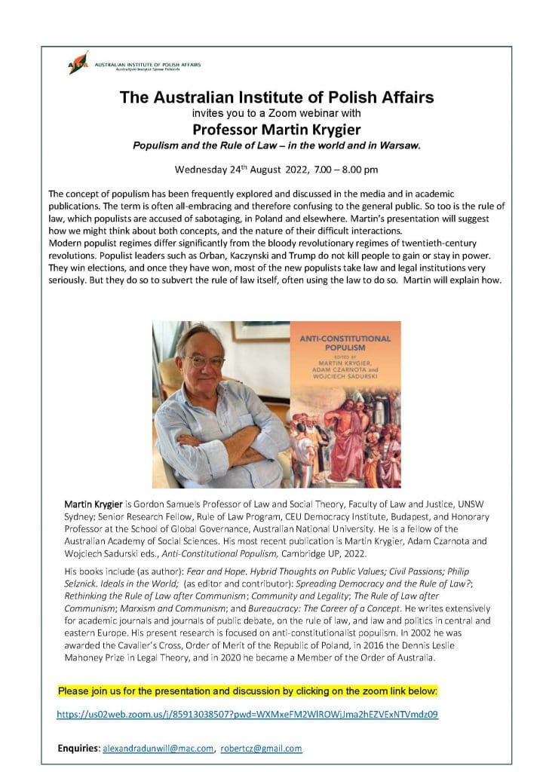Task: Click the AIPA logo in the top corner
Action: coord(78,63)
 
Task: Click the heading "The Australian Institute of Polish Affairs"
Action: coord(277,97)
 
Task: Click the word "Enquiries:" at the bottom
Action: coord(78,748)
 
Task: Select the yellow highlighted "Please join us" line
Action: coord(247,690)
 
